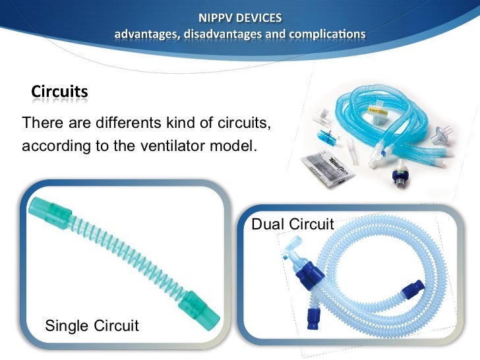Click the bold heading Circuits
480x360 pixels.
(x=59, y=92)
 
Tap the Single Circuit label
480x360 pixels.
(x=91, y=325)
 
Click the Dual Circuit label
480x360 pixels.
(x=293, y=224)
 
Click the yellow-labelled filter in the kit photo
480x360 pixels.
(x=378, y=109)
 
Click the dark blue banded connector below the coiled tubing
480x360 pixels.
(x=398, y=178)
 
